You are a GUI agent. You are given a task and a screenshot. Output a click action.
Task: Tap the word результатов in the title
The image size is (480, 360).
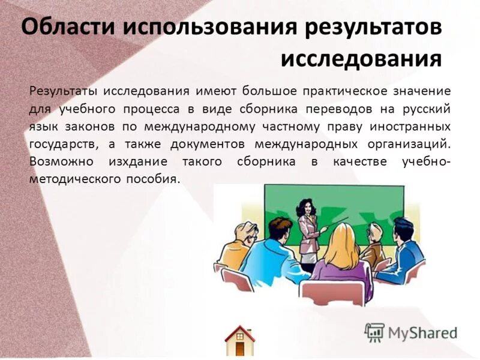(x=373, y=27)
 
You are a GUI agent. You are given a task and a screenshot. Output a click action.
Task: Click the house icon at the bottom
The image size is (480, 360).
(x=239, y=340)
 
